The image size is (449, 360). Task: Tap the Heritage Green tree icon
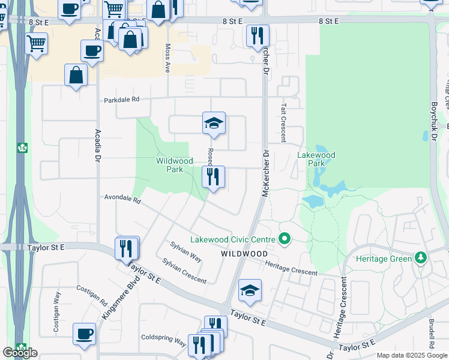click(421, 259)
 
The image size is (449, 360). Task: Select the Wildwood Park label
click(174, 165)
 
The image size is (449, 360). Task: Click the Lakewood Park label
click(316, 159)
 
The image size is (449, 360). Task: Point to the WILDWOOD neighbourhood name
click(244, 254)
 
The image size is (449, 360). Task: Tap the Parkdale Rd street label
click(121, 100)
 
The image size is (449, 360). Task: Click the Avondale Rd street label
click(122, 197)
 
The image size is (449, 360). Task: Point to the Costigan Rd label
click(91, 295)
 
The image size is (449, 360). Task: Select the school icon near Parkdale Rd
click(214, 122)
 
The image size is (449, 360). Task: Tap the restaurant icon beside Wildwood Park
click(213, 176)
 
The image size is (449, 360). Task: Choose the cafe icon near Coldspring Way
click(84, 334)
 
